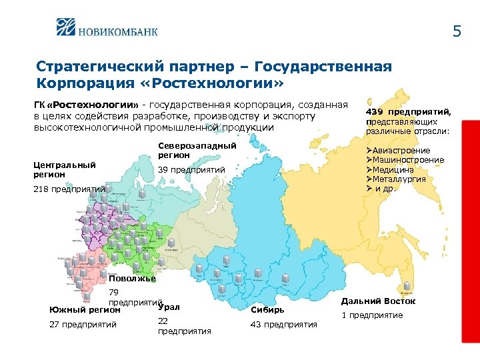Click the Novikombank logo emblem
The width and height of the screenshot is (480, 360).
pyautogui.click(x=69, y=29)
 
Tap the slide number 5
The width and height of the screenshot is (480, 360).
pyautogui.click(x=457, y=31)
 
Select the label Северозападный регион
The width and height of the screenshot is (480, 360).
pyautogui.click(x=197, y=150)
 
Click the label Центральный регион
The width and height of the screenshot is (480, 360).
pyautogui.click(x=65, y=169)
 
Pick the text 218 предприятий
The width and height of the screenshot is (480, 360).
pyautogui.click(x=69, y=189)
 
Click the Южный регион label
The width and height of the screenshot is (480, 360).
pyautogui.click(x=85, y=309)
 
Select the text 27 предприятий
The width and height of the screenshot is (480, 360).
pyautogui.click(x=83, y=325)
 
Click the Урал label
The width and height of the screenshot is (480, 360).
pyautogui.click(x=169, y=307)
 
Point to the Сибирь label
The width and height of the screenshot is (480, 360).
pyautogui.click(x=268, y=309)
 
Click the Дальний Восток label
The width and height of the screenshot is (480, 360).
pyautogui.click(x=378, y=301)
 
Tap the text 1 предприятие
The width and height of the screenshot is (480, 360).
pyautogui.click(x=373, y=315)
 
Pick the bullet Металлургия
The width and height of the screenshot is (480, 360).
pyautogui.click(x=402, y=179)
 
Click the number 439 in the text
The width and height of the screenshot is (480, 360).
pyautogui.click(x=375, y=112)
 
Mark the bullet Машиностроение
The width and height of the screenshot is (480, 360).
pyautogui.click(x=409, y=160)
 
